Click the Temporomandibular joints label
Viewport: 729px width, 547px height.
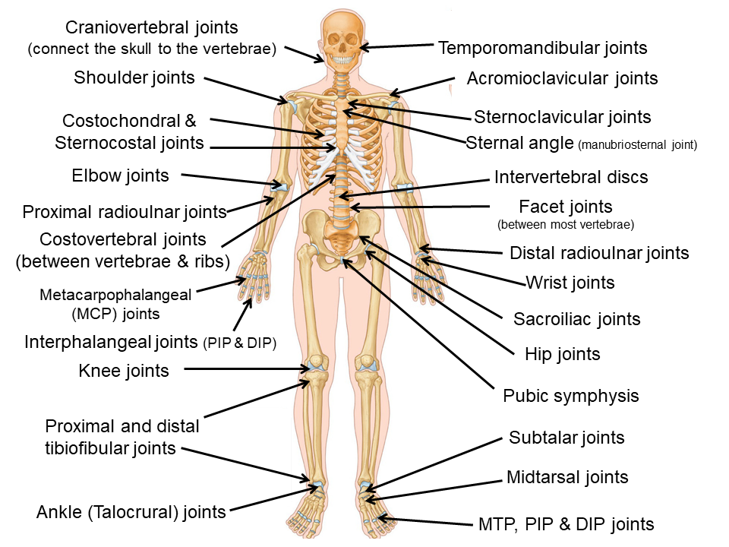pos(542,48)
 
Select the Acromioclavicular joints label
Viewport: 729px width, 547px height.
pos(562,78)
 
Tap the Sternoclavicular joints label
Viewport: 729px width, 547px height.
pos(562,117)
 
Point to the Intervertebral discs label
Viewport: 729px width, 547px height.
pos(571,177)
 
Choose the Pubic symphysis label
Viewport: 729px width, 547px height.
pos(570,396)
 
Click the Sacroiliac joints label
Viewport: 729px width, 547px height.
pos(577,319)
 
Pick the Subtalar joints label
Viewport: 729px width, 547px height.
pos(566,438)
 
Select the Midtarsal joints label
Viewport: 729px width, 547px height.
pos(567,477)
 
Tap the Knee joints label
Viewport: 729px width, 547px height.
pos(124,371)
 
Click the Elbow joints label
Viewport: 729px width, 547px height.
pos(120,175)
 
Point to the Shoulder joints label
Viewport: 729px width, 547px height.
pos(134,77)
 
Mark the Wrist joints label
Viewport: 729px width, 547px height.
pos(570,283)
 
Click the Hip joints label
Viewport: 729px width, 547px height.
pos(562,354)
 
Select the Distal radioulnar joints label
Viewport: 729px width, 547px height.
pos(599,253)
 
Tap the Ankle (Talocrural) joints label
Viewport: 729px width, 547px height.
pos(131,512)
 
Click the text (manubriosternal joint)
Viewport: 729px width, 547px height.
pos(637,144)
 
